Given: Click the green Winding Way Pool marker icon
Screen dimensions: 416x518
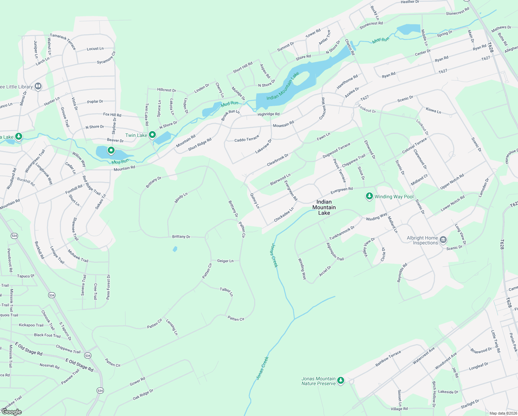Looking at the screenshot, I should [x=369, y=197].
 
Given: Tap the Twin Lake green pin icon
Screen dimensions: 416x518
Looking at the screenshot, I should [x=152, y=135].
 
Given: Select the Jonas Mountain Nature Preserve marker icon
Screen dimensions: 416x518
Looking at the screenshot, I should [x=341, y=381].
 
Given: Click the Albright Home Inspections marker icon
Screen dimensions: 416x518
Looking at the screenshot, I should [x=443, y=240].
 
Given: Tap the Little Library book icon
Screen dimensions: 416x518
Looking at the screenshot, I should [x=38, y=86].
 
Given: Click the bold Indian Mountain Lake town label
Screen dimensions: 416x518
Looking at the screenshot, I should [x=324, y=207].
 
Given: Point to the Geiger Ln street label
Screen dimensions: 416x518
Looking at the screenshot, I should [x=225, y=261].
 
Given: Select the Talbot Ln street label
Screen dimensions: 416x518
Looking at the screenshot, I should [x=226, y=292].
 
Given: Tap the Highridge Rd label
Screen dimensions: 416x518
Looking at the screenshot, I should [x=268, y=114].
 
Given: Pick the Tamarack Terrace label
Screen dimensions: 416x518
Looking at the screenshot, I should [x=63, y=41].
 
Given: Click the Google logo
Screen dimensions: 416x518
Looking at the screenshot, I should [x=11, y=412].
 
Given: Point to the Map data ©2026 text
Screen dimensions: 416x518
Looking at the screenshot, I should [x=503, y=413].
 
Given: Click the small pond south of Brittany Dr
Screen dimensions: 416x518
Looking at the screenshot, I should [x=175, y=249].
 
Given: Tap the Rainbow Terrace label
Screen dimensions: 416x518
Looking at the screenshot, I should [x=388, y=358].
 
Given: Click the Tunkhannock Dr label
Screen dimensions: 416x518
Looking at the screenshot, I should [x=342, y=233].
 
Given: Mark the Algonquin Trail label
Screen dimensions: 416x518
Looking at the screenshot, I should [x=335, y=252].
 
